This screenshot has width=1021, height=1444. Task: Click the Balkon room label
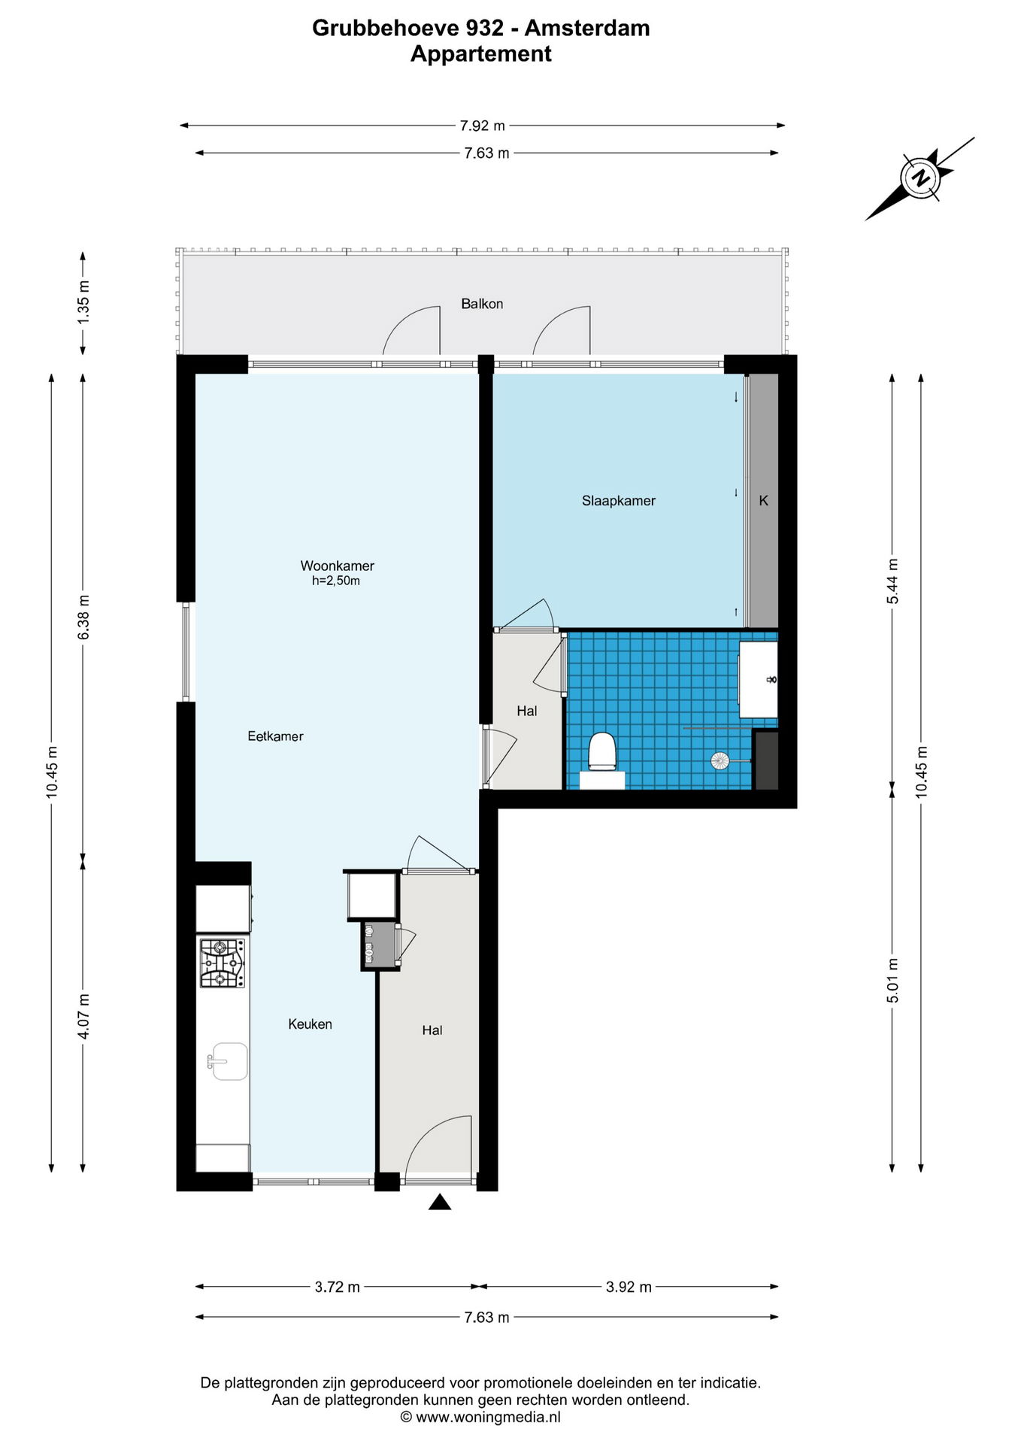tap(482, 304)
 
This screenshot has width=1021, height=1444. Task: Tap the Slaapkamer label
tap(619, 501)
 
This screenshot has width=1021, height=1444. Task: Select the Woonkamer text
tap(338, 566)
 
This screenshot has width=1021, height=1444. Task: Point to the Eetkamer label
tap(275, 736)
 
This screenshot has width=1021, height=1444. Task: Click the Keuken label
tap(310, 1024)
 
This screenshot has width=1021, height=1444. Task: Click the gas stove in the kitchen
tap(222, 963)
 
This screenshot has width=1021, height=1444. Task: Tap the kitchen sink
tap(228, 1061)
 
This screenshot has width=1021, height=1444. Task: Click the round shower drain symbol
tap(720, 761)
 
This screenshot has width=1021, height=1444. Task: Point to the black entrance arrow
tap(440, 1202)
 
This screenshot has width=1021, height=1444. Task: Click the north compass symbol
tap(920, 179)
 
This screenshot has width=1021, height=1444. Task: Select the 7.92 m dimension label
tap(483, 126)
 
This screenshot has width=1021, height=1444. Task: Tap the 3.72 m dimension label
tap(337, 1287)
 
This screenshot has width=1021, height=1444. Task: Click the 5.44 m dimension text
tap(892, 581)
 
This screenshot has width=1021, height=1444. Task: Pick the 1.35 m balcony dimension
tap(83, 302)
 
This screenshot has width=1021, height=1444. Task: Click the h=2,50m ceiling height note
tap(336, 581)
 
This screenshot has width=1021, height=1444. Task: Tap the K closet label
tap(764, 501)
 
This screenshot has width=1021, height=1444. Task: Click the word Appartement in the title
tap(481, 54)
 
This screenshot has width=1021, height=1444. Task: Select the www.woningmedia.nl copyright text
tap(481, 1418)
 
